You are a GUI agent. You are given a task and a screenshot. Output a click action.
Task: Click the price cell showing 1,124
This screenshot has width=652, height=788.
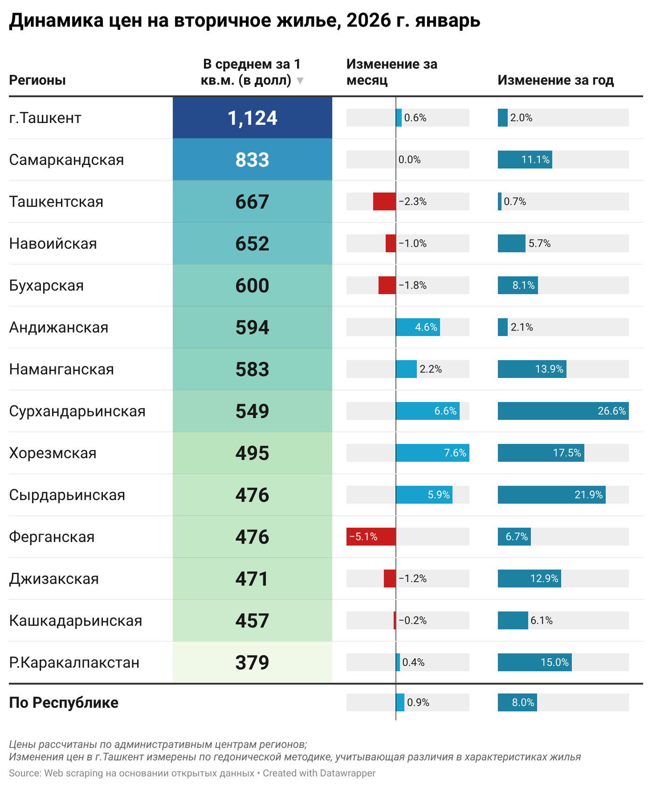pyautogui.click(x=252, y=118)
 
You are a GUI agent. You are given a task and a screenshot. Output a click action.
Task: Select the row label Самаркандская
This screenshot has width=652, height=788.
pyautogui.click(x=67, y=160)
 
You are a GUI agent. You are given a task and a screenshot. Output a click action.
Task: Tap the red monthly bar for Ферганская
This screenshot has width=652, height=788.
pyautogui.click(x=371, y=537)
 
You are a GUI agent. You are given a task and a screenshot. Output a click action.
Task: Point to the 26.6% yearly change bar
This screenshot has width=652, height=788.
pyautogui.click(x=563, y=411)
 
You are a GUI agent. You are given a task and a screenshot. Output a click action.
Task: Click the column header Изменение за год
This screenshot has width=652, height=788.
pyautogui.click(x=556, y=80)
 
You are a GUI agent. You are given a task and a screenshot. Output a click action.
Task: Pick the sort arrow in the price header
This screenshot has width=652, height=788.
pyautogui.click(x=300, y=81)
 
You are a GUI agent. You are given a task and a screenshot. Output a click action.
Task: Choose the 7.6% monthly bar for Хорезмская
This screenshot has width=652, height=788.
pyautogui.click(x=432, y=453)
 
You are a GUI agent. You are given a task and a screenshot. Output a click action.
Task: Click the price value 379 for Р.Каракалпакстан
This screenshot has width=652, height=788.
pyautogui.click(x=252, y=663)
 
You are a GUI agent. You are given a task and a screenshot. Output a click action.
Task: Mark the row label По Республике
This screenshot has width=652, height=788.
pyautogui.click(x=64, y=703)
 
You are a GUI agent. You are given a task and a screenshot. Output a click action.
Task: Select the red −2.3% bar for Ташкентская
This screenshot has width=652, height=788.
pyautogui.click(x=384, y=202)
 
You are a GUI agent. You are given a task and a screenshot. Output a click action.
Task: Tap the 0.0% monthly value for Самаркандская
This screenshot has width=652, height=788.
pyautogui.click(x=409, y=160)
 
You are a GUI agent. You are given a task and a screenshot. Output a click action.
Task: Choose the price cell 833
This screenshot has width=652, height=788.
pyautogui.click(x=252, y=160)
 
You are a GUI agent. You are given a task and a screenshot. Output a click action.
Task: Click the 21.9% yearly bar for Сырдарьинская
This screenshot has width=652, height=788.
pyautogui.click(x=551, y=495)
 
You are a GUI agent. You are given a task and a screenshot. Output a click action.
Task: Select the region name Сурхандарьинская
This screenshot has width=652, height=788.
pyautogui.click(x=77, y=411)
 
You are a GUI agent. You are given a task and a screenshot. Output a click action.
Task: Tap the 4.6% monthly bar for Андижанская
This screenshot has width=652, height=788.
pyautogui.click(x=418, y=327)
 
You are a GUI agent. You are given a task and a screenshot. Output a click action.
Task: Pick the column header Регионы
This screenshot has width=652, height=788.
pyautogui.click(x=37, y=80)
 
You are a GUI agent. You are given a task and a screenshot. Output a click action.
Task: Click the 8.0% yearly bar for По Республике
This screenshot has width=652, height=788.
pyautogui.click(x=517, y=703)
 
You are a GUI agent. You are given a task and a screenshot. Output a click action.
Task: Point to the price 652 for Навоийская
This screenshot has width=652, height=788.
pyautogui.click(x=252, y=244)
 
